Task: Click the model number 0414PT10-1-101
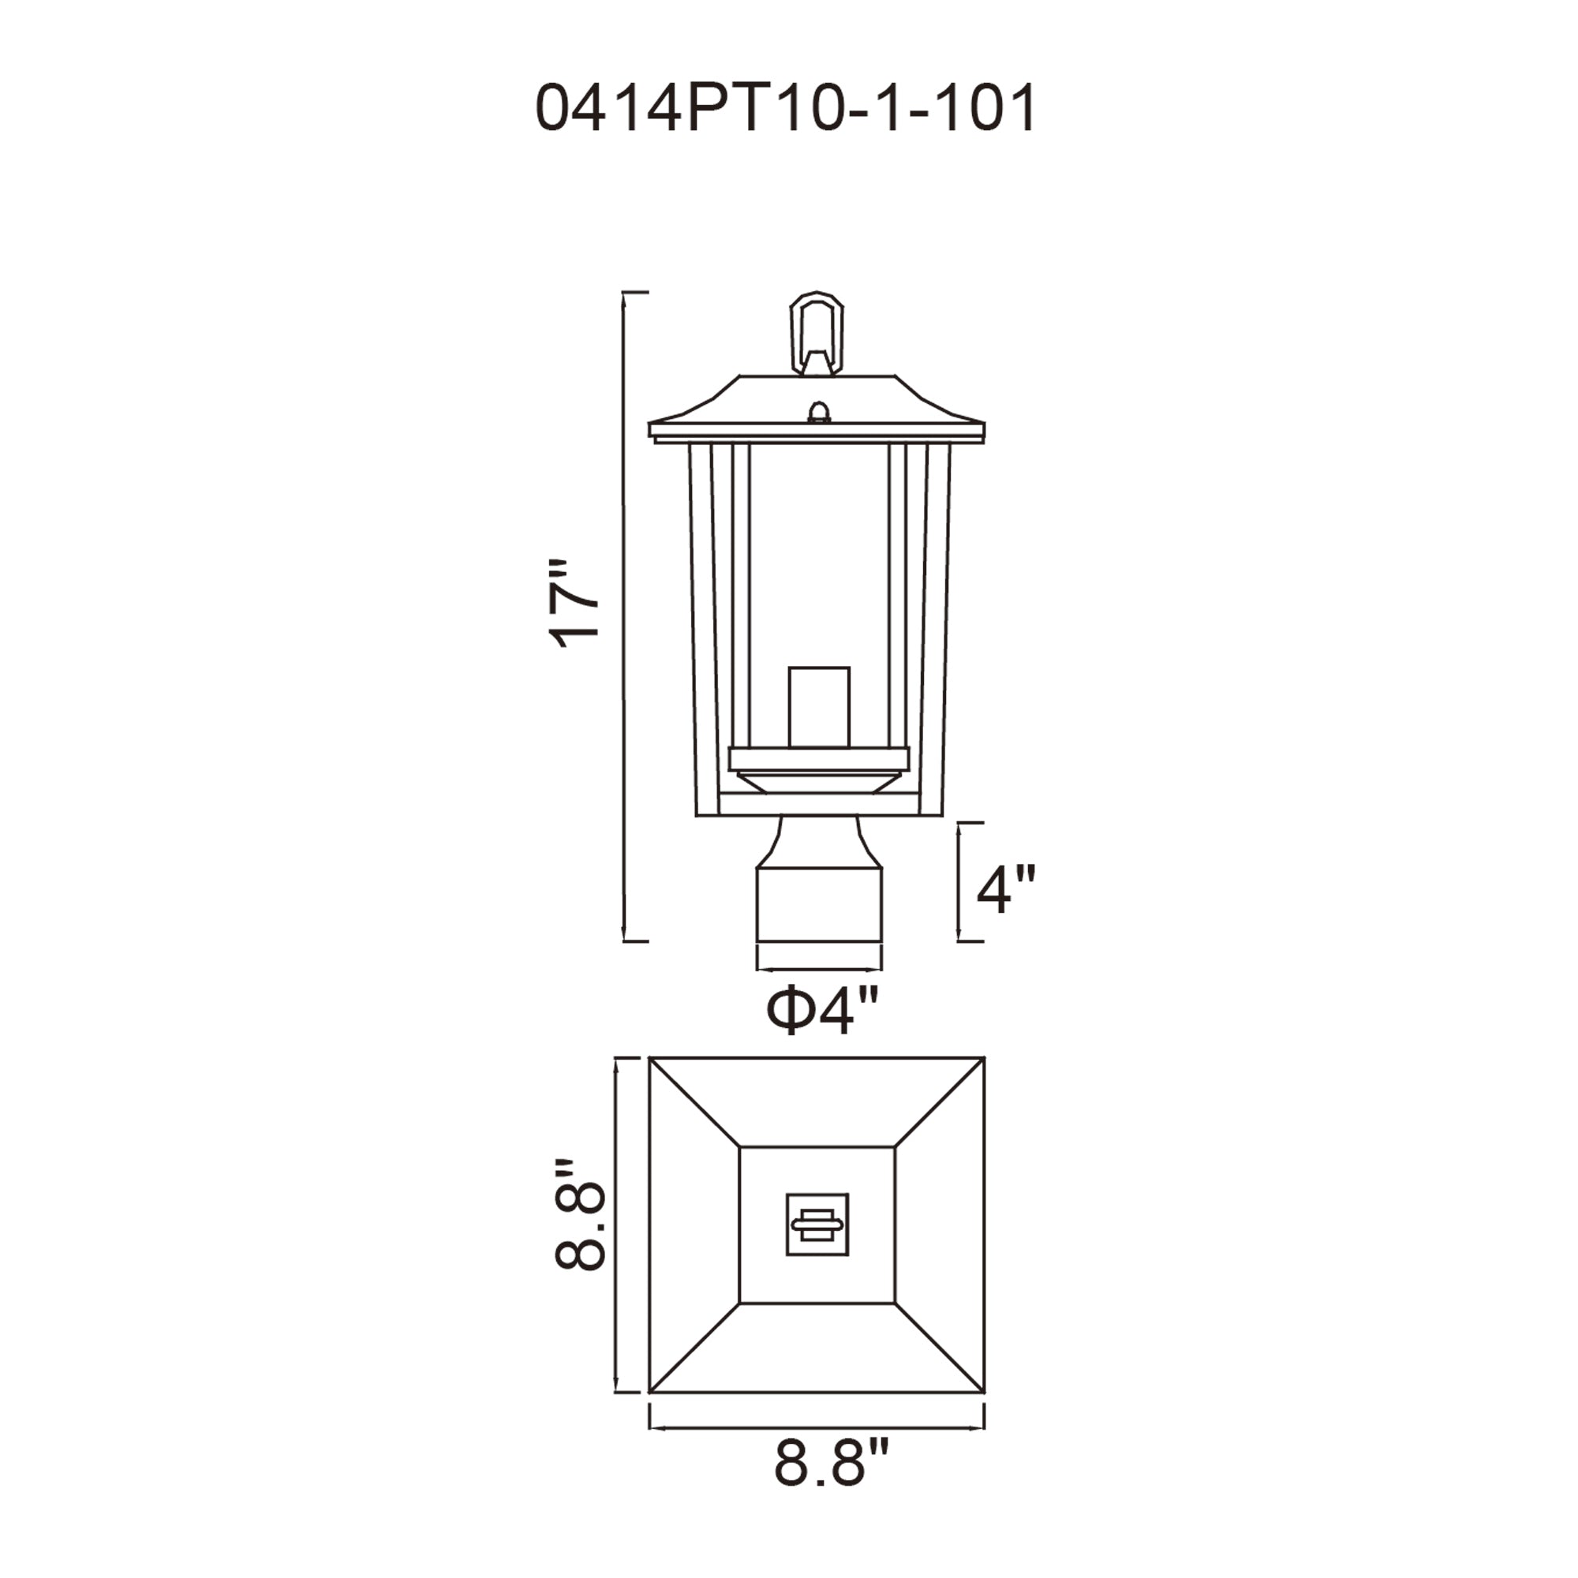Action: [x=786, y=108]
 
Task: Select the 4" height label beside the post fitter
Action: [x=1006, y=889]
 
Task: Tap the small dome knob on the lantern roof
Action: [x=817, y=412]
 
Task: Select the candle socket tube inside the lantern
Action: [x=818, y=706]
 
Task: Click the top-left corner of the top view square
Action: [x=651, y=1060]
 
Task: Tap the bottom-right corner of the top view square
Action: [x=983, y=1391]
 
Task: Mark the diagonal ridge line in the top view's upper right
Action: [x=939, y=1103]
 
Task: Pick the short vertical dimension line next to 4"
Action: [x=959, y=882]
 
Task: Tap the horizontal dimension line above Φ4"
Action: [x=819, y=970]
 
